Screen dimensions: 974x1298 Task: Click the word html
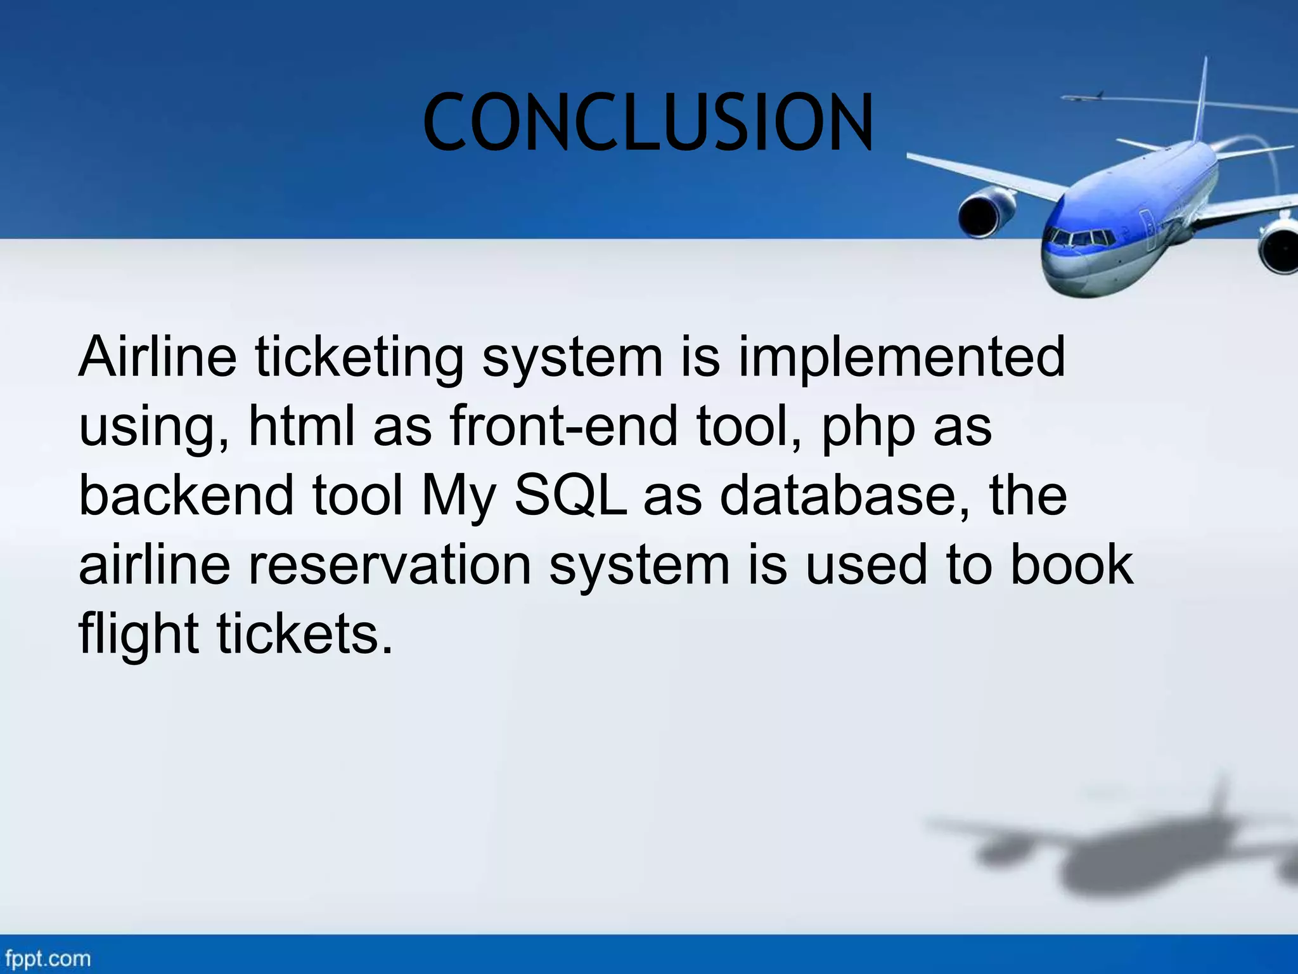(x=302, y=426)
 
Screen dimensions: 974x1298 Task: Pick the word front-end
(x=563, y=426)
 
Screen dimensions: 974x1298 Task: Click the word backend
(x=186, y=495)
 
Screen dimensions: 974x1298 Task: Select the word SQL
(x=570, y=497)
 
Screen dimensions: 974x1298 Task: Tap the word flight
(x=138, y=635)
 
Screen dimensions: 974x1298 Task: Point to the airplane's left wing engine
(x=986, y=213)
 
